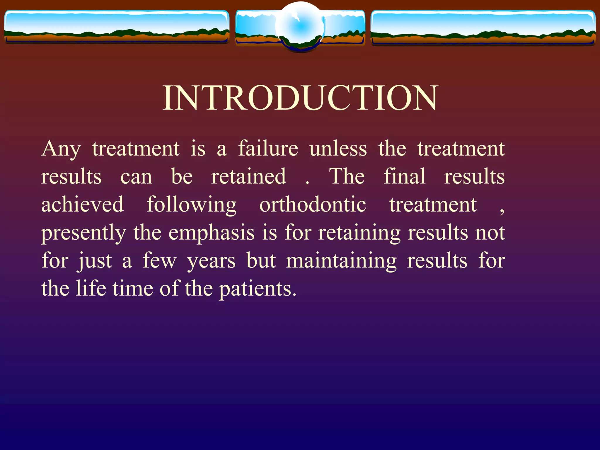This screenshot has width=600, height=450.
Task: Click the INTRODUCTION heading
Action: tap(300, 98)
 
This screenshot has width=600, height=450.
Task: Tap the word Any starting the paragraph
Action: tap(61, 149)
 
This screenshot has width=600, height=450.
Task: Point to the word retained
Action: tap(248, 176)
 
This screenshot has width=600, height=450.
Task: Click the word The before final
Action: tap(347, 176)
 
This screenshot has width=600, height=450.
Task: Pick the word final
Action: tap(404, 176)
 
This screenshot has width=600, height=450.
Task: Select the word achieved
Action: tap(82, 204)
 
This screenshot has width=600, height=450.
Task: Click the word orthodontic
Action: tap(313, 204)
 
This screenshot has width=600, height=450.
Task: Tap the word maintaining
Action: tap(341, 261)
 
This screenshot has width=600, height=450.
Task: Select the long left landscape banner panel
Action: tap(117, 27)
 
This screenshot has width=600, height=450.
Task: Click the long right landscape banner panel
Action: tap(483, 28)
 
